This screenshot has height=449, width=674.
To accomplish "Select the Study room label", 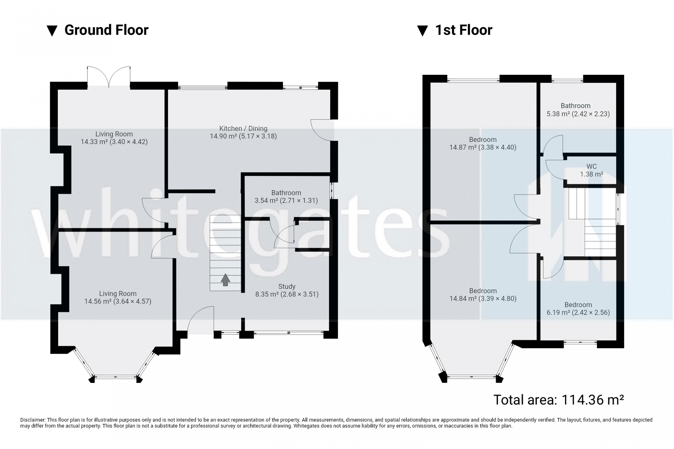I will (287, 290).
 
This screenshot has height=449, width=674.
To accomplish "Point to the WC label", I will (592, 170).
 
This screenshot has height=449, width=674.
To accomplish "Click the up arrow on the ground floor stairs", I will (225, 280).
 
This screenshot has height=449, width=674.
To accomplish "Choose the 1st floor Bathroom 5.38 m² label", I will (578, 110).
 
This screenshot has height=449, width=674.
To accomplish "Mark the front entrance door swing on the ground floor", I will (201, 319).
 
